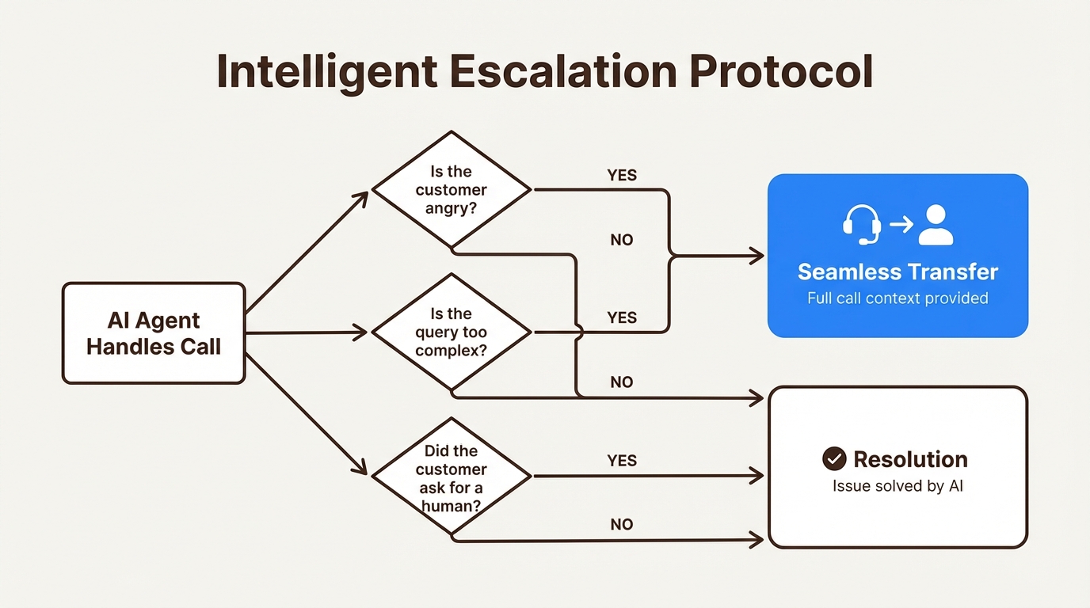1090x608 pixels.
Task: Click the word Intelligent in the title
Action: coord(326,72)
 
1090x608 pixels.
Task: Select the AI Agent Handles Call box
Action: coord(154,333)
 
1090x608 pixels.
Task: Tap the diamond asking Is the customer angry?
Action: coord(452,191)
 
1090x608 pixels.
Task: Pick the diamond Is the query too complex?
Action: coord(452,332)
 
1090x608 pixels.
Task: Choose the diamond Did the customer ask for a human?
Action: coord(452,477)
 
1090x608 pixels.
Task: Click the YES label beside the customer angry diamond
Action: coord(622,175)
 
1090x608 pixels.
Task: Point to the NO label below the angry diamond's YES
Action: coord(622,240)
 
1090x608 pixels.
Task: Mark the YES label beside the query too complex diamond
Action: coord(622,317)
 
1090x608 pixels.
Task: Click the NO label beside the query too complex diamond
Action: coord(622,382)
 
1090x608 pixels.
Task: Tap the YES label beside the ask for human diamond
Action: coord(622,461)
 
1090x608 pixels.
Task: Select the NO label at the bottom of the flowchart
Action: coord(622,525)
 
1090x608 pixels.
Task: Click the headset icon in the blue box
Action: coord(861,225)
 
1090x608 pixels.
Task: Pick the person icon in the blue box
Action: coord(936,225)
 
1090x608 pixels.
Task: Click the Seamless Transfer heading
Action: coord(898,272)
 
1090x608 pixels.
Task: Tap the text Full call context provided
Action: coord(898,298)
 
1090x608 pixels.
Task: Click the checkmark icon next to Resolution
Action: coord(834,459)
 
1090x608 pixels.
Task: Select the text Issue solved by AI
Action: coord(898,486)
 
